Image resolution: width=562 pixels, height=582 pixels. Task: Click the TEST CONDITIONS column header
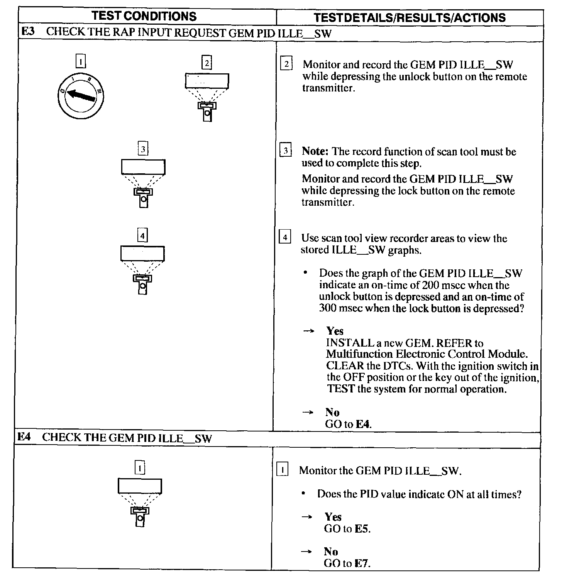coord(145,16)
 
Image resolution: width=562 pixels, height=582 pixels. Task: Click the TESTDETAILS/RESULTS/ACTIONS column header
coord(410,17)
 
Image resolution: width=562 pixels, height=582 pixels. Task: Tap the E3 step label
coord(28,32)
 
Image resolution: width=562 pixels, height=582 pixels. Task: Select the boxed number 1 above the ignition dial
coord(81,61)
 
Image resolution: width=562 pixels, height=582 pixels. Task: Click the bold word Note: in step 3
coord(315,151)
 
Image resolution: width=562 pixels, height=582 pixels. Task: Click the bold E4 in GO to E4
coord(363,424)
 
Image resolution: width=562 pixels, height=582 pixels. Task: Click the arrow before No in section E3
coord(308,413)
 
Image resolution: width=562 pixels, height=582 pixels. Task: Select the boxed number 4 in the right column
coord(285,237)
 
